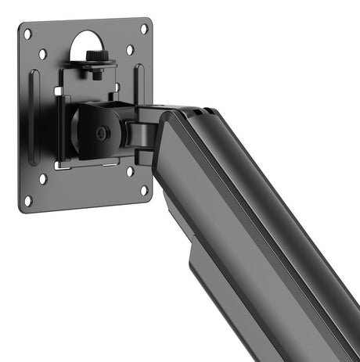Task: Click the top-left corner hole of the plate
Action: click(27, 34)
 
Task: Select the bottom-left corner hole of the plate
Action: click(28, 201)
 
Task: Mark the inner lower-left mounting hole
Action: click(44, 179)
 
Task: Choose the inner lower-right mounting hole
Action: click(130, 170)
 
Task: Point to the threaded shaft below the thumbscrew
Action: click(96, 73)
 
